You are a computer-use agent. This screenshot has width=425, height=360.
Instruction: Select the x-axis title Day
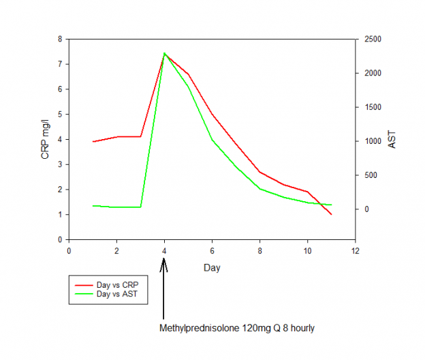click(212, 268)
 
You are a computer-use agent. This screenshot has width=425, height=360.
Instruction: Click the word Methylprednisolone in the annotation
click(200, 328)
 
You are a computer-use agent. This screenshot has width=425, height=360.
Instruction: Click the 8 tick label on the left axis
click(60, 39)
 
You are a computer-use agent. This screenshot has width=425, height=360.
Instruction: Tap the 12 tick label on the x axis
click(354, 250)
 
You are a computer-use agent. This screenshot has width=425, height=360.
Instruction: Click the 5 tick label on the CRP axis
click(60, 114)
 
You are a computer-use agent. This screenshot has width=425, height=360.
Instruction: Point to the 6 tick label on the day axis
click(212, 250)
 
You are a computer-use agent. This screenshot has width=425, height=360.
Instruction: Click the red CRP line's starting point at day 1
click(93, 142)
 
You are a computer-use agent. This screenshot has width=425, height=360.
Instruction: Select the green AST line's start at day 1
click(93, 205)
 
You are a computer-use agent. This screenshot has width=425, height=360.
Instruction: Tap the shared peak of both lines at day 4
click(164, 52)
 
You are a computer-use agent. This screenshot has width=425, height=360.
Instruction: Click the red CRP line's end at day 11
click(331, 214)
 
